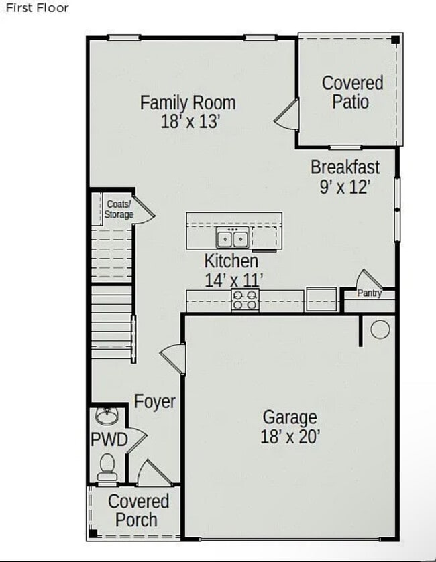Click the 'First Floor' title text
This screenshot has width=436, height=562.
[x=38, y=8]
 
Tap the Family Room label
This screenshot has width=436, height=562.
[x=188, y=102]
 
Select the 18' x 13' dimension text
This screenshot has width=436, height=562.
[x=190, y=121]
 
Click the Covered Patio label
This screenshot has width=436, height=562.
[x=352, y=92]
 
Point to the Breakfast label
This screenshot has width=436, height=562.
[x=345, y=167]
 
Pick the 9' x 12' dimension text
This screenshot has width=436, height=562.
[x=345, y=186]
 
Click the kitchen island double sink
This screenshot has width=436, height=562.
[x=233, y=237]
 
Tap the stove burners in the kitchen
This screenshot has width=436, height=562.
[x=245, y=299]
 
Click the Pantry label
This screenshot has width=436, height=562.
[x=369, y=293]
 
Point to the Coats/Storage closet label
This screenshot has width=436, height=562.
[x=119, y=209]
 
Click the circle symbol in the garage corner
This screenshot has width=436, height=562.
[x=380, y=330]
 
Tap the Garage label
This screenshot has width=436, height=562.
[x=289, y=417]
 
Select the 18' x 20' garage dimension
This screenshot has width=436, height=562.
[x=289, y=437]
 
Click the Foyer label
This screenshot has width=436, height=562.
[x=155, y=401]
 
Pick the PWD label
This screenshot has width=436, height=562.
[x=109, y=440]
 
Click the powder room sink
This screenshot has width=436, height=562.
[x=106, y=417]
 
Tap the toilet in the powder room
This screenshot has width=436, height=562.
[x=107, y=466]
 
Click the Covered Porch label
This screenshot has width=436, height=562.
[x=138, y=510]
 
